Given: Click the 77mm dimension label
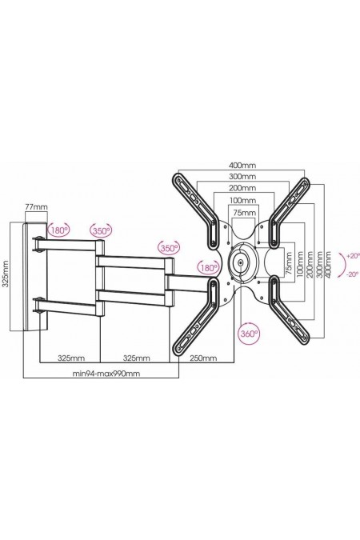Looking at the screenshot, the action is click(x=36, y=207).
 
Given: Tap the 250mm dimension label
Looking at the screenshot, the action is click(x=204, y=358).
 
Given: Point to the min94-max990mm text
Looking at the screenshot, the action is click(x=106, y=374).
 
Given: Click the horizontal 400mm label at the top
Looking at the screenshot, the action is click(x=242, y=165).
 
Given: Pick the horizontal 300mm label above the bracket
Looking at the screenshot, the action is click(x=242, y=177).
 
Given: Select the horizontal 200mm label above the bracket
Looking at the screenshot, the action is click(x=242, y=188).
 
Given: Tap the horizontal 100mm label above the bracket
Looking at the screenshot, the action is click(x=242, y=200).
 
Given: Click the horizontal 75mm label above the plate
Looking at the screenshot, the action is click(x=245, y=212).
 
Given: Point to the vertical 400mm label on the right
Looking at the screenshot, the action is click(x=328, y=265).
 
